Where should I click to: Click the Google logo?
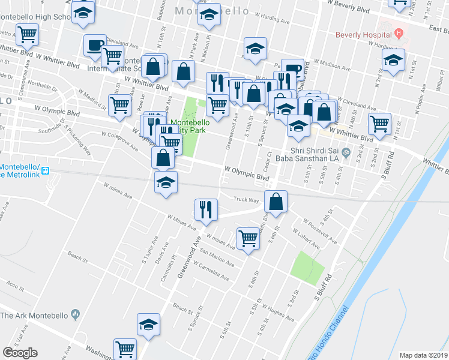[x=20, y=353]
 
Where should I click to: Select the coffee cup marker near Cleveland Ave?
[x=95, y=46]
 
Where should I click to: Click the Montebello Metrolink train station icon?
[x=45, y=170]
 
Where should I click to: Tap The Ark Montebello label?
[x=34, y=314]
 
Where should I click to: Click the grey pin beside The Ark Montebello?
[x=75, y=314]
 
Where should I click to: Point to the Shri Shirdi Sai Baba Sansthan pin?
[x=346, y=155]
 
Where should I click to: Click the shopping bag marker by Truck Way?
[x=275, y=202]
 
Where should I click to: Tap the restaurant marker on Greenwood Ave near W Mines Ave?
[x=205, y=209]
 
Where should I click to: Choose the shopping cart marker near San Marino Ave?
[x=247, y=238]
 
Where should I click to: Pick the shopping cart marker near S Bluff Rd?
[x=379, y=124]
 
